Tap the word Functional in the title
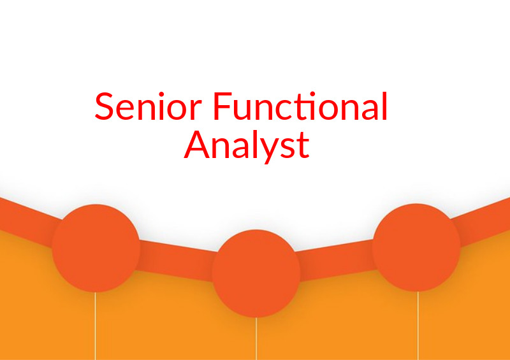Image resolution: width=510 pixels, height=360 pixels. point(300,107)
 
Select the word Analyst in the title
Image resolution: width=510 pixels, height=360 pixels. point(247,145)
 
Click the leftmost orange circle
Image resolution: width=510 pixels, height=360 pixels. point(96,248)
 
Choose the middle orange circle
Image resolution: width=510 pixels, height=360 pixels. point(256,273)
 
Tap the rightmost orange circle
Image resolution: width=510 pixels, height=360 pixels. point(416,248)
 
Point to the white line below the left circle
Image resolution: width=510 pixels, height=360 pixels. point(96,325)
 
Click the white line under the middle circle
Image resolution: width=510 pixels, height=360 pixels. point(256,338)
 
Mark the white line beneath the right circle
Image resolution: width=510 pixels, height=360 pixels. point(418,325)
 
